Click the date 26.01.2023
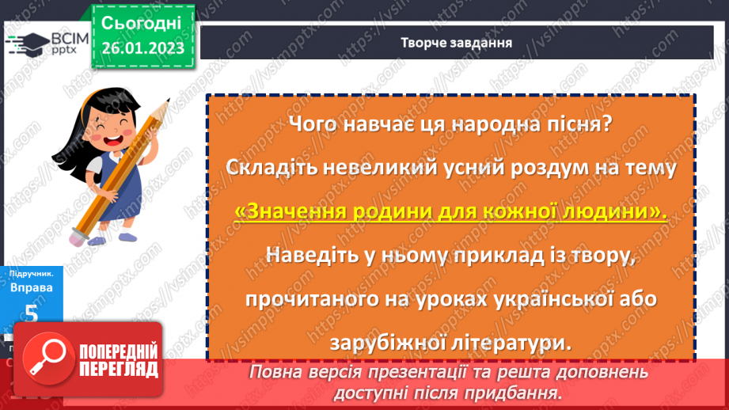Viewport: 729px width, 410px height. tap(142, 48)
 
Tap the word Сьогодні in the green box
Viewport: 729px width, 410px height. tap(142, 21)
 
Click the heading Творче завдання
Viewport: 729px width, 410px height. tap(455, 42)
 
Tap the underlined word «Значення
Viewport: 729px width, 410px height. tap(287, 212)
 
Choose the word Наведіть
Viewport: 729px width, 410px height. tap(309, 256)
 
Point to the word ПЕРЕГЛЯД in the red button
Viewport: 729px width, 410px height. tap(116, 369)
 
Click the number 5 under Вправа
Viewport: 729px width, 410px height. tap(31, 314)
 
